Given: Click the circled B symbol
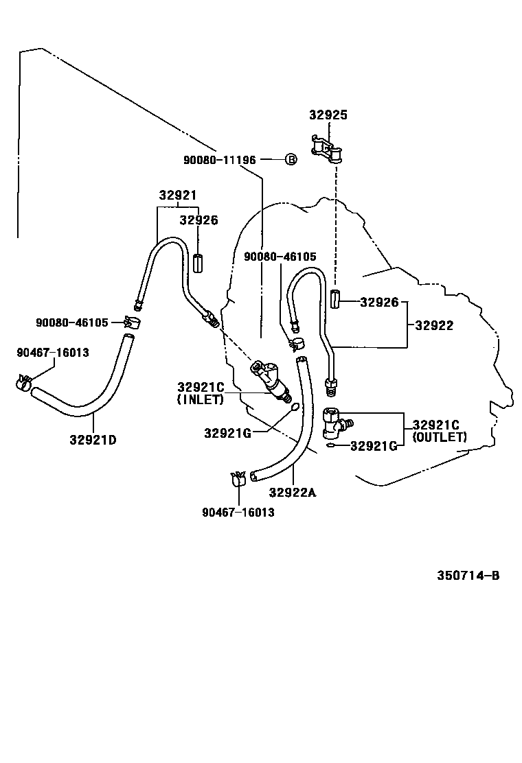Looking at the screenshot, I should (291, 160).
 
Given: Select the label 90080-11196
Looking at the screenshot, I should (219, 160).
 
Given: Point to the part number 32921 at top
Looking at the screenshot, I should (178, 195).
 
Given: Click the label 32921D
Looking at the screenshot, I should (93, 440).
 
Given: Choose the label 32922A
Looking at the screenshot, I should (293, 492).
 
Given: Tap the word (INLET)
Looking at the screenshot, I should (201, 399).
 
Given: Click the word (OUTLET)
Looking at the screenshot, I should (440, 436).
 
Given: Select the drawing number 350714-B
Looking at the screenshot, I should (468, 575).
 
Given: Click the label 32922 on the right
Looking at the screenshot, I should (433, 326).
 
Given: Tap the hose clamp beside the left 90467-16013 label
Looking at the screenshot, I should (25, 383).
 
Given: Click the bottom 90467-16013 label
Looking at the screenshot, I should (238, 512).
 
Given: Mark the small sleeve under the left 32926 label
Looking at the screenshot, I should (198, 263).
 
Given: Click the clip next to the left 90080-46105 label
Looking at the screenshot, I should (130, 321).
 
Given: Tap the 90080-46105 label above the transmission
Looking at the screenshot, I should (280, 256).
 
